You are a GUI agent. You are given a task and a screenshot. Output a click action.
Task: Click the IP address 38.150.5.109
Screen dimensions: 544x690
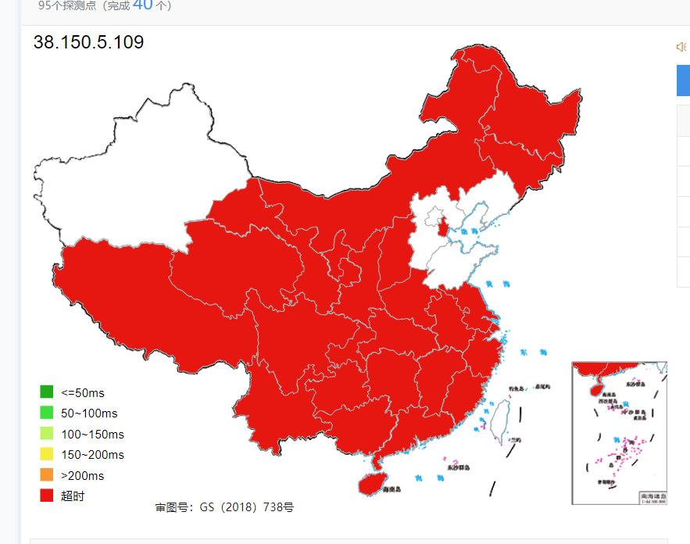coord(88,42)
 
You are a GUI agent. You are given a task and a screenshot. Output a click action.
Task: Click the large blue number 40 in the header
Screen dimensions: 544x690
coord(142,5)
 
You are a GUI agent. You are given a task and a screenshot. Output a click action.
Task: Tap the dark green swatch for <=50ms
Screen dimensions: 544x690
coord(46,392)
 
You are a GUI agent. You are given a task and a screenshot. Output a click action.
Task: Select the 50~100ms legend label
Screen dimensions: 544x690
coord(89,413)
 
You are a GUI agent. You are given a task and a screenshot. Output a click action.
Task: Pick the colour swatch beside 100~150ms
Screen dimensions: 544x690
coord(46,434)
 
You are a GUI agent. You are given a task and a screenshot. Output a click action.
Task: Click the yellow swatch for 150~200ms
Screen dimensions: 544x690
coord(46,454)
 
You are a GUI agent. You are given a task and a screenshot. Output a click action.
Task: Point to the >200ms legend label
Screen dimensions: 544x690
coord(82,475)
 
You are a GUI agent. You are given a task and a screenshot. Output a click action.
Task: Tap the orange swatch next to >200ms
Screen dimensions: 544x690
coord(46,475)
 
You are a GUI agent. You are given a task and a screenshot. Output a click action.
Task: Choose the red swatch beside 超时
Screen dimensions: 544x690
coord(46,496)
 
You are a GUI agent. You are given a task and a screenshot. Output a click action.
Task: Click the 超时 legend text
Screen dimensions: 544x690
coord(73,496)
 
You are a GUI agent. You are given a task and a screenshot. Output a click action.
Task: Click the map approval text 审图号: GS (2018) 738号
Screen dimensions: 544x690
coord(224,507)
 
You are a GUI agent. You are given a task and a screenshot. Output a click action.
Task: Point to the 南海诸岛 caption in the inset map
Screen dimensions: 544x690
coord(652,496)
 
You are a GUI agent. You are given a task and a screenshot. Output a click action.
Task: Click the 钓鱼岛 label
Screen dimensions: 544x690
coord(517,388)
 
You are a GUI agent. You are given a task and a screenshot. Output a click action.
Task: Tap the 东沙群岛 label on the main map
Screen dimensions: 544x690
coord(459,467)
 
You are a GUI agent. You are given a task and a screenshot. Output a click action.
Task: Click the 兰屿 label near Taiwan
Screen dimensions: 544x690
coord(515,440)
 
